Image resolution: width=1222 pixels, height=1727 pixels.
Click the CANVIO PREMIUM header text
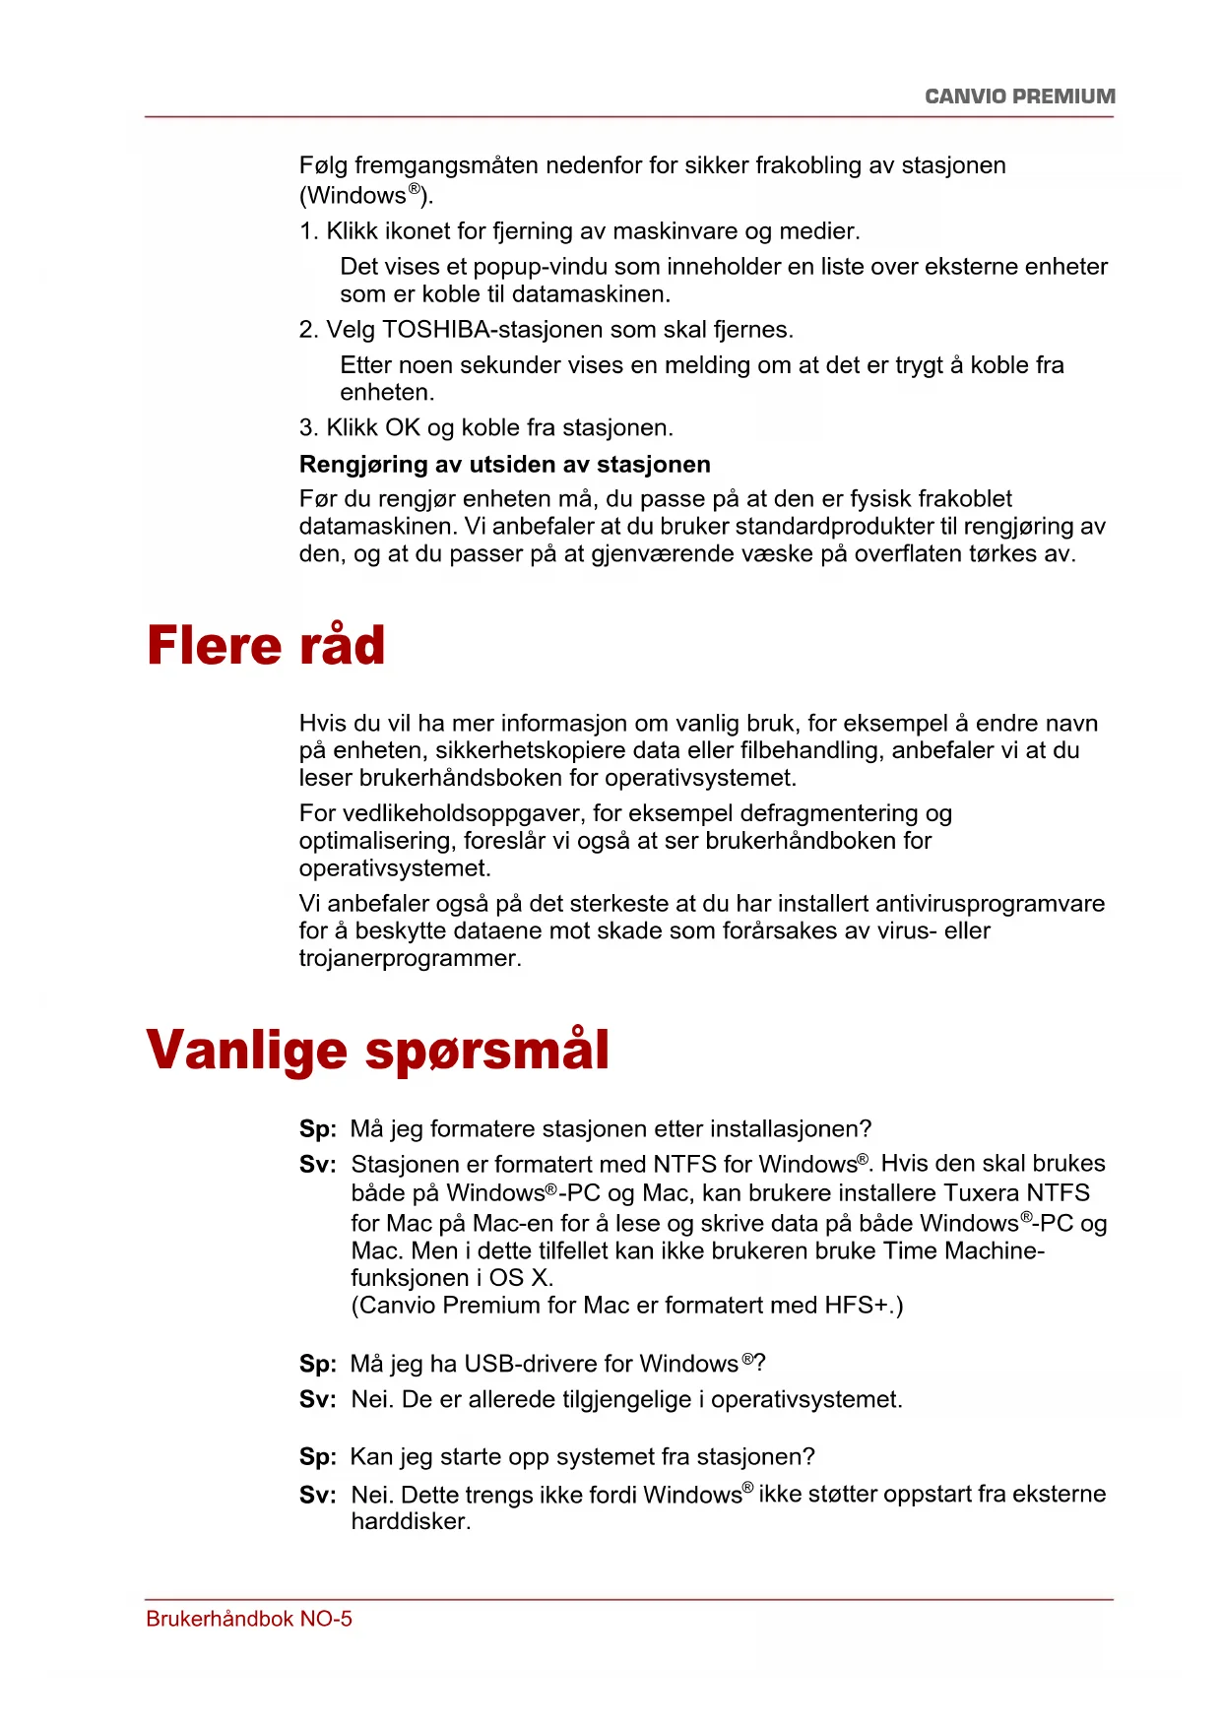coord(1019,96)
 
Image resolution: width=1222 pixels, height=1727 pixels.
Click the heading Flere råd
coord(266,646)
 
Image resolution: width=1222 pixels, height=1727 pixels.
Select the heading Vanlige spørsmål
coord(377,1050)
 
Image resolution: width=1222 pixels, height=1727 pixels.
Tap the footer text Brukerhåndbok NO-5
coord(249,1619)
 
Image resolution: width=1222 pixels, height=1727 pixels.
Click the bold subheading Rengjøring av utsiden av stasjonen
coord(504,464)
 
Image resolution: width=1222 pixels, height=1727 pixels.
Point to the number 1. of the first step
coord(308,231)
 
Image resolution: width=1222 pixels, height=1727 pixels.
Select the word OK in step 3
coord(402,428)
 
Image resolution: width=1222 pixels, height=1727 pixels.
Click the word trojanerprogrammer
coord(409,959)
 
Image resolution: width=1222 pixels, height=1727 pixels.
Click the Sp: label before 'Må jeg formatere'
coord(317,1129)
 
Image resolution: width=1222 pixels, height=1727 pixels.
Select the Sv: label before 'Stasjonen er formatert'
coord(317,1165)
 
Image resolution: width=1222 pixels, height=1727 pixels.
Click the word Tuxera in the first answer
coord(981,1193)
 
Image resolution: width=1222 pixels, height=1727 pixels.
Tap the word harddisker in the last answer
coord(410,1521)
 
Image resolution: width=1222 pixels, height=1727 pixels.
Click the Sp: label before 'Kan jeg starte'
coord(317,1457)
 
